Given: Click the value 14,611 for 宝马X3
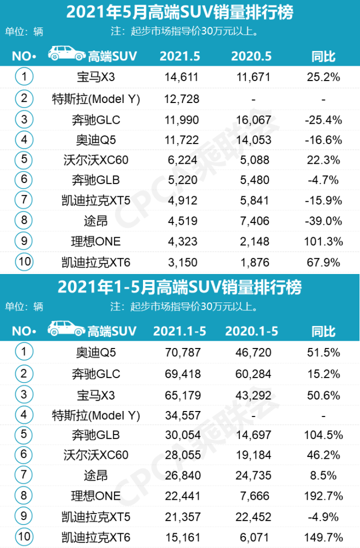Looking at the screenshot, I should coord(181,77).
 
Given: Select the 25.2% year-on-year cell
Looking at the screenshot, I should coord(323,77).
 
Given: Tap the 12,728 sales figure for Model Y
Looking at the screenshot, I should coord(181,99).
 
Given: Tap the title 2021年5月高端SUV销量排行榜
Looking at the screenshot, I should coord(179,12).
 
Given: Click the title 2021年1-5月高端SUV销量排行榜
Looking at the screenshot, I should coord(179,287).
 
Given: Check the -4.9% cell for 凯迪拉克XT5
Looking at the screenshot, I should coord(323,516).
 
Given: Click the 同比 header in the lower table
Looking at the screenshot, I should coord(323,331).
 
